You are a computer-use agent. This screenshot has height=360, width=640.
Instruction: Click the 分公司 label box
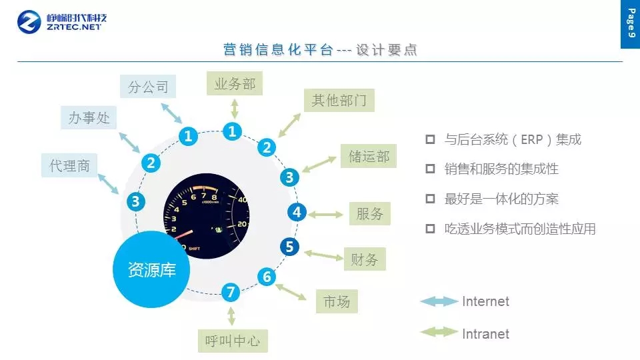pyautogui.click(x=148, y=86)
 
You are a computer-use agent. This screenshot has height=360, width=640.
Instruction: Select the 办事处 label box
pyautogui.click(x=89, y=117)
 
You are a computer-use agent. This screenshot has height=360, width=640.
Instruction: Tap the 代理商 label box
pyautogui.click(x=69, y=165)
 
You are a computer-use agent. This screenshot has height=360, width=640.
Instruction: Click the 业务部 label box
pyautogui.click(x=235, y=83)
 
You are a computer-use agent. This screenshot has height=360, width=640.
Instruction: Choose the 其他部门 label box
pyautogui.click(x=339, y=100)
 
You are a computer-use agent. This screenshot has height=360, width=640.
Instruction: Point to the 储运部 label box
pyautogui.click(x=369, y=156)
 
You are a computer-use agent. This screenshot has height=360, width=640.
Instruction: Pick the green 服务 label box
pyautogui.click(x=370, y=213)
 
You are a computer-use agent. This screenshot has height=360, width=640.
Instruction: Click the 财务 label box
pyautogui.click(x=365, y=259)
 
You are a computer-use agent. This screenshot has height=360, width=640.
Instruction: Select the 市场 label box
pyautogui.click(x=337, y=301)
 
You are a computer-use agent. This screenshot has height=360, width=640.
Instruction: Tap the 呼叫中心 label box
pyautogui.click(x=233, y=341)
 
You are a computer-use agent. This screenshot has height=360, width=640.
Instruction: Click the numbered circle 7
pyautogui.click(x=231, y=292)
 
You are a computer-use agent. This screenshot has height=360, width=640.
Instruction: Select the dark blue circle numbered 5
pyautogui.click(x=289, y=247)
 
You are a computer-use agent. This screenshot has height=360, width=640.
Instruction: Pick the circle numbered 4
pyautogui.click(x=297, y=212)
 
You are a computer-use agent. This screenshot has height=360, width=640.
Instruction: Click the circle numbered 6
pyautogui.click(x=267, y=277)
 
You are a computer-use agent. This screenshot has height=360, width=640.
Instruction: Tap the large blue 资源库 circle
pyautogui.click(x=151, y=269)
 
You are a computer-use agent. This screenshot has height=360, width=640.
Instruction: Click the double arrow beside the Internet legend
pyautogui.click(x=439, y=301)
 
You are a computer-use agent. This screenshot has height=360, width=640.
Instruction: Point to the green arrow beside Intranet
pyautogui.click(x=439, y=332)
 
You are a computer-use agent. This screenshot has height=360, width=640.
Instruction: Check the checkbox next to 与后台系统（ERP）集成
pyautogui.click(x=430, y=139)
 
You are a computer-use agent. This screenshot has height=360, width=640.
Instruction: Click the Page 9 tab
pyautogui.click(x=630, y=24)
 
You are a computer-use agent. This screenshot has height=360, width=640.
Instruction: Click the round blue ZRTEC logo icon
pyautogui.click(x=29, y=22)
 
